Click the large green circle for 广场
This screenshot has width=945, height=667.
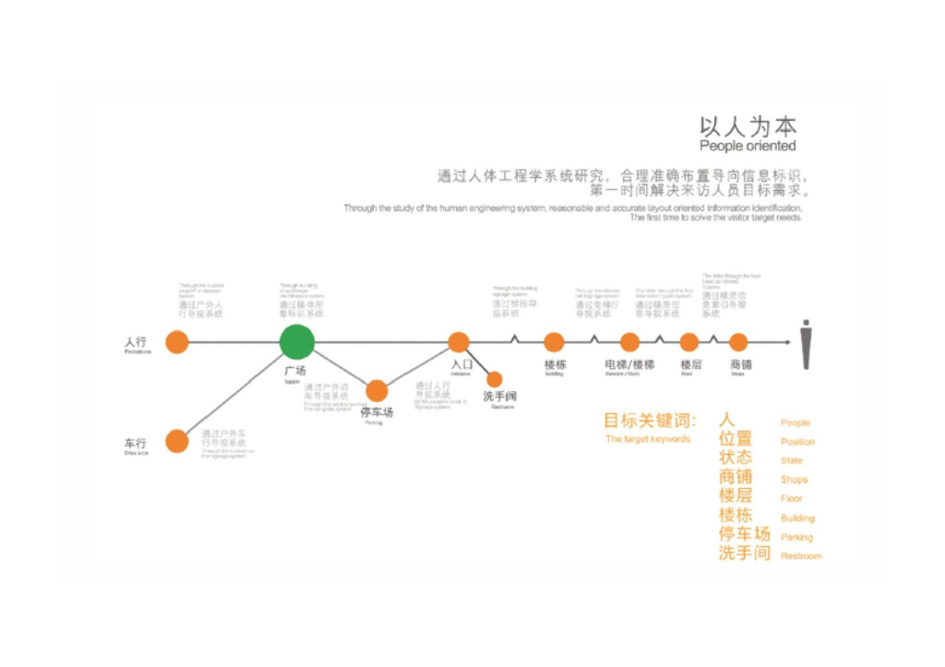pos(297,341)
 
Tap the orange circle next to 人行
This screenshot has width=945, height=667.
pos(177,342)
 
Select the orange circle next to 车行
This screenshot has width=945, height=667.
pos(177,442)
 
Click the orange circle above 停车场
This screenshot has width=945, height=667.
pos(377,391)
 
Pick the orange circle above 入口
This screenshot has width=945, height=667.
pos(459,342)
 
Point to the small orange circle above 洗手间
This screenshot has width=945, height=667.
pos(495,379)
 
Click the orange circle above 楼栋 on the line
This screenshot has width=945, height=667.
pos(554,342)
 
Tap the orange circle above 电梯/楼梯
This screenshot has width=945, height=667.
pos(629,342)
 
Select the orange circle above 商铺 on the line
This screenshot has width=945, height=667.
pos(738,342)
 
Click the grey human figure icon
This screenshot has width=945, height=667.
pos(806,344)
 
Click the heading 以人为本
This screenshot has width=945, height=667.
pos(748,126)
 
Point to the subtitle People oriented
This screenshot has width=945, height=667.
pos(748,146)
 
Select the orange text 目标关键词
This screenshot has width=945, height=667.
pos(650,421)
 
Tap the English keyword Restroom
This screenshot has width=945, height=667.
pos(801,556)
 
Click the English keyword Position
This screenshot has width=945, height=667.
pos(797,442)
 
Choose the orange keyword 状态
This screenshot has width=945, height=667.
pos(736,458)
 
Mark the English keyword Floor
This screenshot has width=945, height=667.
pos(792,498)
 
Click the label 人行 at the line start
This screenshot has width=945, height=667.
pos(136,341)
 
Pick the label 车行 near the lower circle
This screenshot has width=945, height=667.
pos(136,444)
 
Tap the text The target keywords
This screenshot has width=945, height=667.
pos(648,439)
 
